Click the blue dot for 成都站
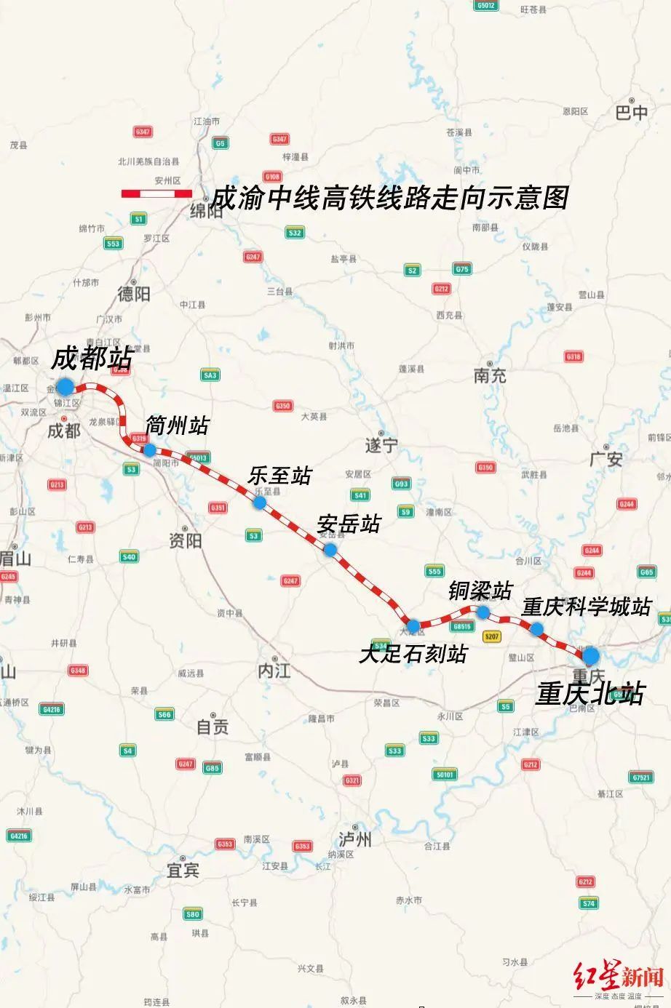[x=65, y=386]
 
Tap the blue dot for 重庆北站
[x=590, y=655]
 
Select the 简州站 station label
[x=177, y=425]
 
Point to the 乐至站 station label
[x=279, y=476]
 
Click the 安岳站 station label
[x=349, y=524]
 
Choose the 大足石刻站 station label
[x=413, y=653]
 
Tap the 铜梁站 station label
[x=480, y=591]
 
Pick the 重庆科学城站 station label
[x=586, y=607]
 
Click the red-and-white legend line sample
[x=156, y=193]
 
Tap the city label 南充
[x=490, y=375]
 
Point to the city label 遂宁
[x=381, y=445]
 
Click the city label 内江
[x=274, y=671]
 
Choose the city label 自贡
[x=213, y=726]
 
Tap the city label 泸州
[x=355, y=840]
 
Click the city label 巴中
[x=631, y=113]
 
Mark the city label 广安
[x=606, y=459]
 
